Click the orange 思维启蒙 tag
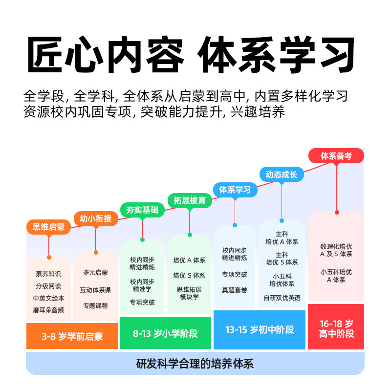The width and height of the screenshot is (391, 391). (49, 227)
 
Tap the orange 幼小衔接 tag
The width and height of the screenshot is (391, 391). (96, 218)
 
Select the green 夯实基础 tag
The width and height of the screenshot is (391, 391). (142, 210)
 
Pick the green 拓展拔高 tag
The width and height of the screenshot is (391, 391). (189, 200)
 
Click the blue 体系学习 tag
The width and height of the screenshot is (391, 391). (235, 190)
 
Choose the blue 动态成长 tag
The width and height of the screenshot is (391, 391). (282, 174)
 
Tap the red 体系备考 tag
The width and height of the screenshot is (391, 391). (336, 156)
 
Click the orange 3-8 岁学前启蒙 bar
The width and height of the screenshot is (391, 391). (72, 336)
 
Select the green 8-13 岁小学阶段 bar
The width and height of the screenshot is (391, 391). (165, 334)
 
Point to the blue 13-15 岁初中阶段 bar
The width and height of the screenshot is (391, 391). (260, 330)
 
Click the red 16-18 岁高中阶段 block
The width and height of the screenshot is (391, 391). (336, 328)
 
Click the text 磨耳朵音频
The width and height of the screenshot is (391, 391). (48, 310)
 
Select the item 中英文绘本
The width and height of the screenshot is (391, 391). (48, 298)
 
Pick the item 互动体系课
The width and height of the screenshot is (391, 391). (95, 289)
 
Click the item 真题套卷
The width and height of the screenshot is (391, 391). (235, 290)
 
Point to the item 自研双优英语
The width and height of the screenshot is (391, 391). (282, 298)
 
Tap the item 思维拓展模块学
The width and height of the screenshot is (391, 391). (189, 293)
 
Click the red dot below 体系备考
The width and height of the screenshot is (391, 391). (337, 212)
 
